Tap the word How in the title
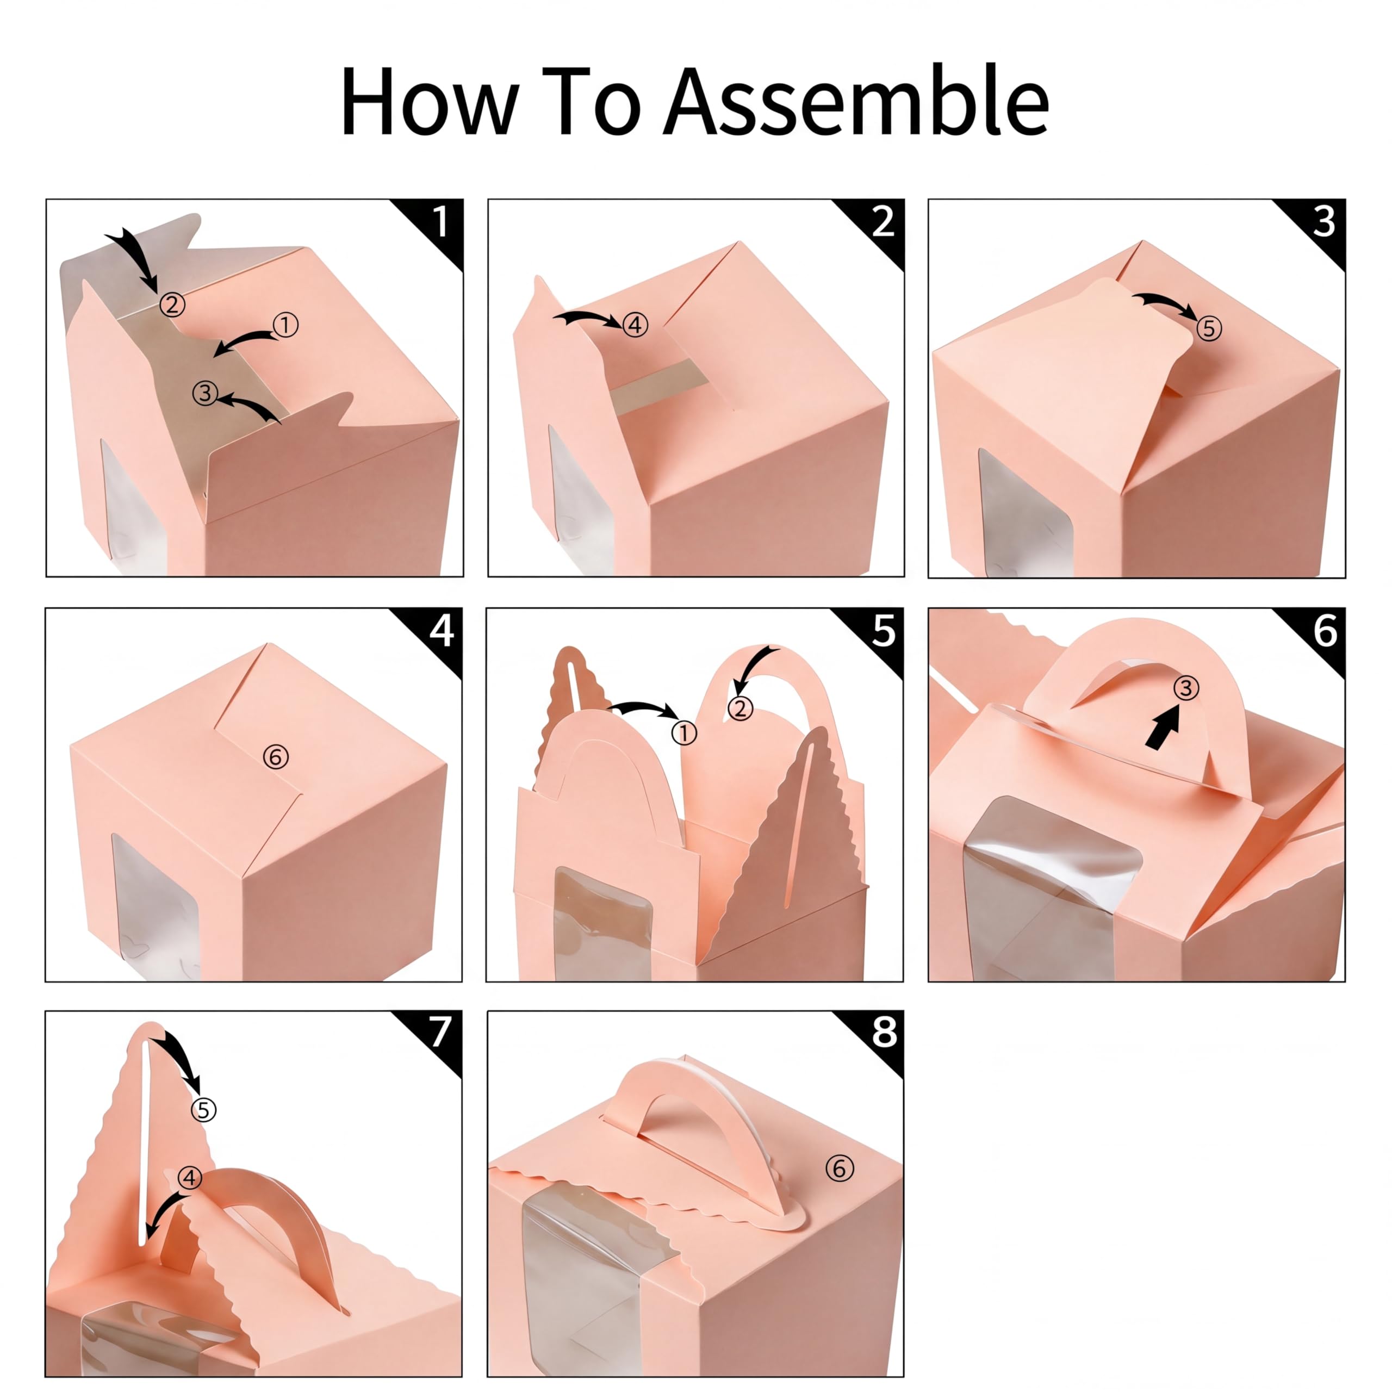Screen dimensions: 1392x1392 coord(430,101)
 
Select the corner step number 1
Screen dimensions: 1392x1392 coord(439,221)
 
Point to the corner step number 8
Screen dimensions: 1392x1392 coord(885,1033)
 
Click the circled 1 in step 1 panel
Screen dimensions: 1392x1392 coord(285,326)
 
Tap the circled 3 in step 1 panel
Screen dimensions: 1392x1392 coord(206,393)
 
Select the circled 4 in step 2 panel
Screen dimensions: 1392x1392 coord(635,325)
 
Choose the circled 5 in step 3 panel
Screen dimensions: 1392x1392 coord(1209,328)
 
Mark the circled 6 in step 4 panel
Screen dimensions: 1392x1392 coord(275,756)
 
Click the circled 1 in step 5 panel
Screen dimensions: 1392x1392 coord(683,734)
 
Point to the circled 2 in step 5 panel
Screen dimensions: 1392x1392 coord(740,709)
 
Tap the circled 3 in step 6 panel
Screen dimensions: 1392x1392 coord(1186,688)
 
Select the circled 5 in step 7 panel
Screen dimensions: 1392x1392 coord(203,1110)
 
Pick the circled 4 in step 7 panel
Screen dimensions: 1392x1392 coord(189,1178)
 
